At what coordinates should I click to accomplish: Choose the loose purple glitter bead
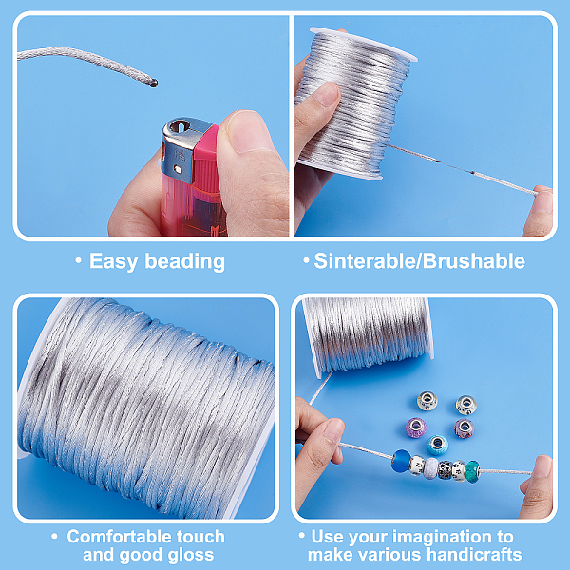(416, 427)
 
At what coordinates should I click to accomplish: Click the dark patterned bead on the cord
(460, 470)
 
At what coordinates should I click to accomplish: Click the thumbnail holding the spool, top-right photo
(327, 95)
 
